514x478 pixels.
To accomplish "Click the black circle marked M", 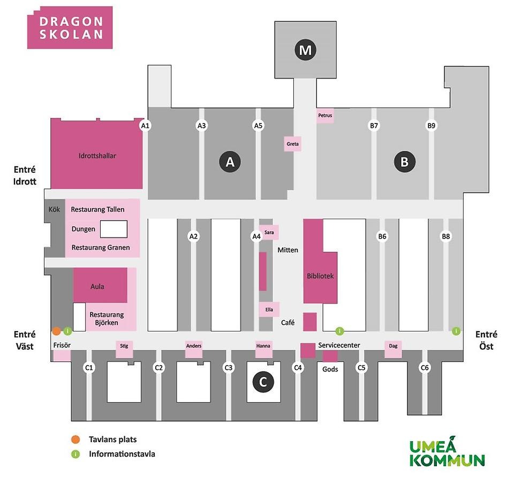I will [305, 50].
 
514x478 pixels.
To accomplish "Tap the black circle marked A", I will [230, 161].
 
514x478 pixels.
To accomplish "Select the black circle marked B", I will [405, 161].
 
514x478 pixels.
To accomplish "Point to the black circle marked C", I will [263, 382].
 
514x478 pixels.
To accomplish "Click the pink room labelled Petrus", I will [325, 115].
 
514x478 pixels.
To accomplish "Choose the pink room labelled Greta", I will [292, 144].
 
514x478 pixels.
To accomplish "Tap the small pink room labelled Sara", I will [269, 232].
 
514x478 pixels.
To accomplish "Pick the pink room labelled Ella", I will [269, 309].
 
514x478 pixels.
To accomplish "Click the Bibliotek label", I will [320, 276].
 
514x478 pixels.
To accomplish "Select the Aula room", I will [97, 287].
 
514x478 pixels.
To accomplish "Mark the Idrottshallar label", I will [97, 156].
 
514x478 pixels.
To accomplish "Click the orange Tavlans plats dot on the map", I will [56, 331].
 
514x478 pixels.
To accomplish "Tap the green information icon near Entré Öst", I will [456, 331].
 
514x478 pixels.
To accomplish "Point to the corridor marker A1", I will [145, 126].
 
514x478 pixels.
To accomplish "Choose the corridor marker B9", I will [431, 126].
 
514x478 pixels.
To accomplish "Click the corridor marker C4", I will [298, 368].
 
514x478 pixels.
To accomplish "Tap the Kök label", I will [54, 209].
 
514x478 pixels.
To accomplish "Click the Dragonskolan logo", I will [70, 27].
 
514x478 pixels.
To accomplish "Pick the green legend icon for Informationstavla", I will [75, 454].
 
